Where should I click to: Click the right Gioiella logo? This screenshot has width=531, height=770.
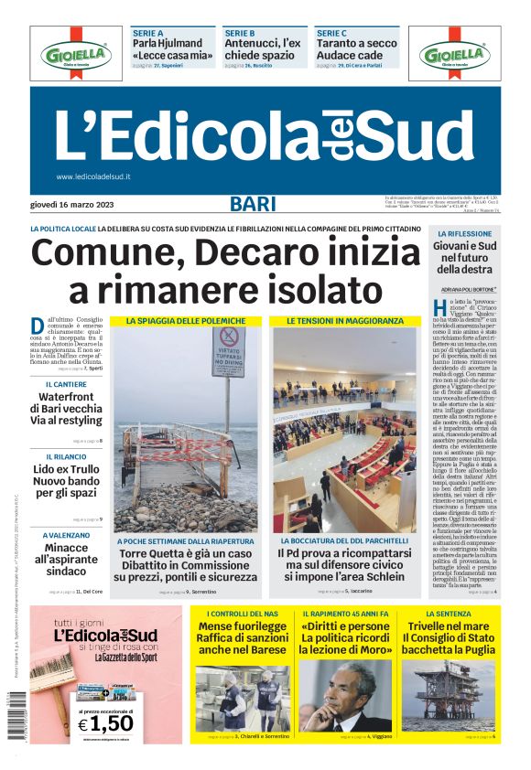(454, 55)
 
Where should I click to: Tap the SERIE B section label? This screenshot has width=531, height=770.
(240, 33)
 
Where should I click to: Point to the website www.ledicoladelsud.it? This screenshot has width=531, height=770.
(93, 176)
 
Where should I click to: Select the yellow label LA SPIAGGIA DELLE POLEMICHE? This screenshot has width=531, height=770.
(186, 321)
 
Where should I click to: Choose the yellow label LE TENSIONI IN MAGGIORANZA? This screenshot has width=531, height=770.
(344, 321)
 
